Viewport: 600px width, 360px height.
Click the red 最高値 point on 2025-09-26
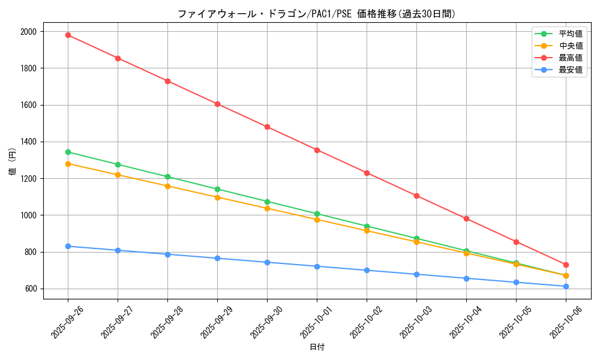pyautogui.click(x=68, y=35)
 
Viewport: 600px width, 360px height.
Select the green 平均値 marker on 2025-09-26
pyautogui.click(x=68, y=152)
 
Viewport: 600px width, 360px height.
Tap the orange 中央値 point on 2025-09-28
pyautogui.click(x=167, y=186)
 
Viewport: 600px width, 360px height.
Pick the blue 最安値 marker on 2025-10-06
pyautogui.click(x=566, y=286)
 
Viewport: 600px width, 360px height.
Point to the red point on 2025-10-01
pyautogui.click(x=317, y=150)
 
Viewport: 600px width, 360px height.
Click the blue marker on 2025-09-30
pyautogui.click(x=267, y=262)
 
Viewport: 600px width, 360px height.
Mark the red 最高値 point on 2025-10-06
pyautogui.click(x=566, y=265)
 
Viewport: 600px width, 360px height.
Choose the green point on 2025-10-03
pyautogui.click(x=416, y=238)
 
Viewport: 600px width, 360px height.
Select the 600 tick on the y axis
pyautogui.click(x=31, y=289)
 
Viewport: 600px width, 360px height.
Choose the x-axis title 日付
pyautogui.click(x=317, y=347)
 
